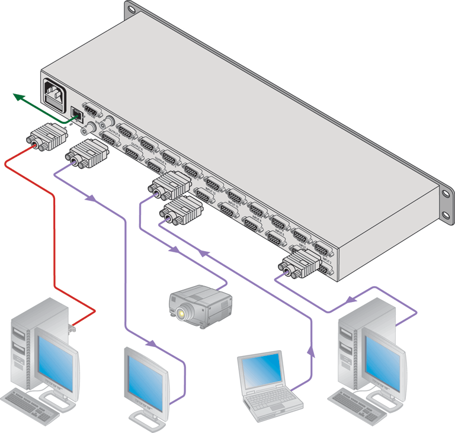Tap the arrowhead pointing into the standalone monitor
pyautogui.click(x=153, y=344)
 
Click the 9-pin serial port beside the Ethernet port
pyautogui.click(x=91, y=110)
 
